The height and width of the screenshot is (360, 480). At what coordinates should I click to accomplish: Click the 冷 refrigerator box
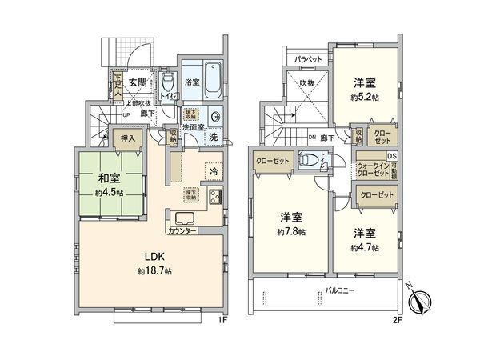click(214, 170)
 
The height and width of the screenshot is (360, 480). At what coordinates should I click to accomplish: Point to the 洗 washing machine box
click(213, 137)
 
